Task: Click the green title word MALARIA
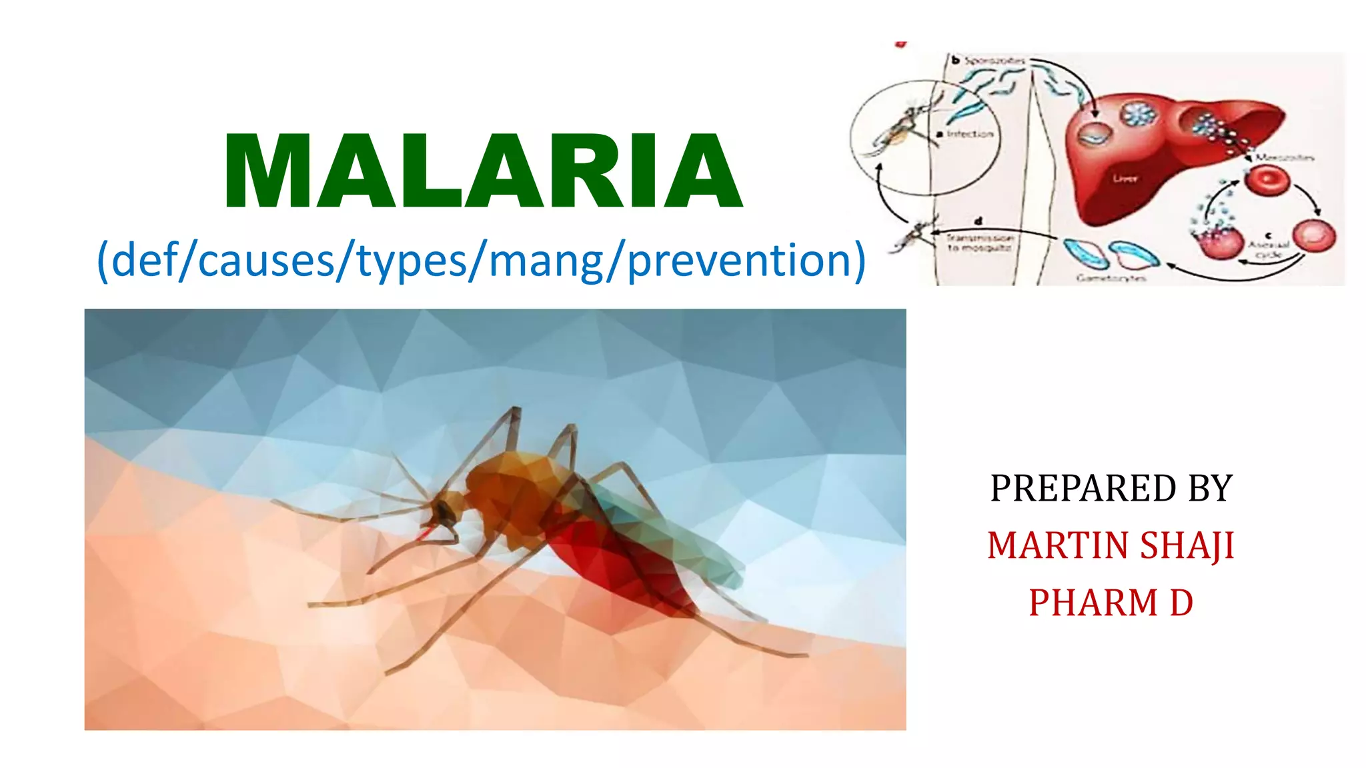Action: click(483, 171)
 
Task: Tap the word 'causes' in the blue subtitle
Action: click(267, 260)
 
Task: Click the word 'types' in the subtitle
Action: click(412, 261)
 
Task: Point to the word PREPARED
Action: click(1082, 488)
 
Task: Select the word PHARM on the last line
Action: click(1093, 603)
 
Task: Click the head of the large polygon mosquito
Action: click(444, 512)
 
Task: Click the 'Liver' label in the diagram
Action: click(1125, 179)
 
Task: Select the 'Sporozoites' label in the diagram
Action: click(994, 61)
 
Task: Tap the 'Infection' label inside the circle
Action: click(970, 134)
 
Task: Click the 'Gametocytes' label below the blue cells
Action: click(1111, 278)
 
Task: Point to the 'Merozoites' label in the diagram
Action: click(1285, 158)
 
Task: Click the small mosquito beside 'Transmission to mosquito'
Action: click(914, 235)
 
